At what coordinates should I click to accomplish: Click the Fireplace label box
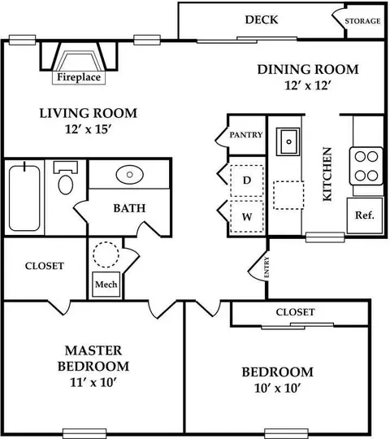tap(79, 77)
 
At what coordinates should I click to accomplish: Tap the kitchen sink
tap(288, 141)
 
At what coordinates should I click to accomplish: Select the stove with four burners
tap(366, 166)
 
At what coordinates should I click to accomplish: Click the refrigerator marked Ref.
tap(365, 215)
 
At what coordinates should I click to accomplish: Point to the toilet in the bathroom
tap(66, 178)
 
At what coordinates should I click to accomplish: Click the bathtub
tap(24, 198)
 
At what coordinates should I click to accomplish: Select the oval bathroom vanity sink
tap(129, 175)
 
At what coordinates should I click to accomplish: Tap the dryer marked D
tap(247, 180)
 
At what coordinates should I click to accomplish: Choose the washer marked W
tap(247, 216)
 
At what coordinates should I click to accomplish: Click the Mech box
tap(106, 285)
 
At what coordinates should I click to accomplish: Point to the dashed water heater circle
tap(106, 254)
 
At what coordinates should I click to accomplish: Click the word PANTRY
tap(246, 135)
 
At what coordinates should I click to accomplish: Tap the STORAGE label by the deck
tap(362, 21)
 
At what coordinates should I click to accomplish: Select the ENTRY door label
tap(266, 267)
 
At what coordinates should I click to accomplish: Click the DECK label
tap(262, 20)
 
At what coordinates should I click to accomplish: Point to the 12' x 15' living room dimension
tap(89, 129)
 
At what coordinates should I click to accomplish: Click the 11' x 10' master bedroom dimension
tap(93, 382)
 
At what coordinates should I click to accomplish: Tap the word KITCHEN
tap(327, 174)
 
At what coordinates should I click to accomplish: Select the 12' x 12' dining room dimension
tap(308, 85)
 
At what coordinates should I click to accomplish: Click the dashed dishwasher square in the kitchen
tap(288, 195)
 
